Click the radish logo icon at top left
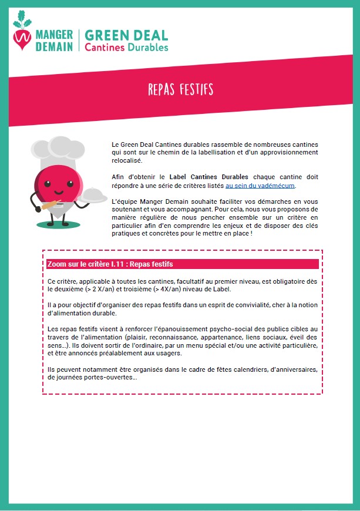pos(23,34)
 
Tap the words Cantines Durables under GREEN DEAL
pos(126,47)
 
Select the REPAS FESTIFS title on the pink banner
pos(180,89)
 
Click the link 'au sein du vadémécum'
pos(260,185)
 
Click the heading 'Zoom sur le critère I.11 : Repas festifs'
pos(110,264)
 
